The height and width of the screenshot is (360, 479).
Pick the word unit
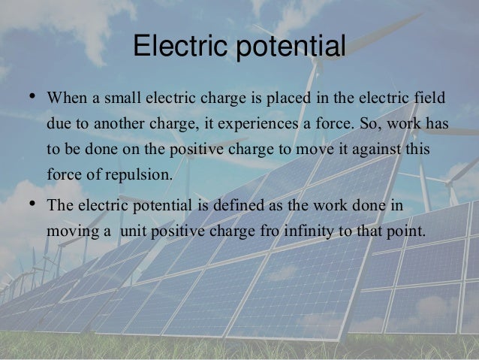point(132,229)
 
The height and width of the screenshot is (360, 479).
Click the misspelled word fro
point(258,229)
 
